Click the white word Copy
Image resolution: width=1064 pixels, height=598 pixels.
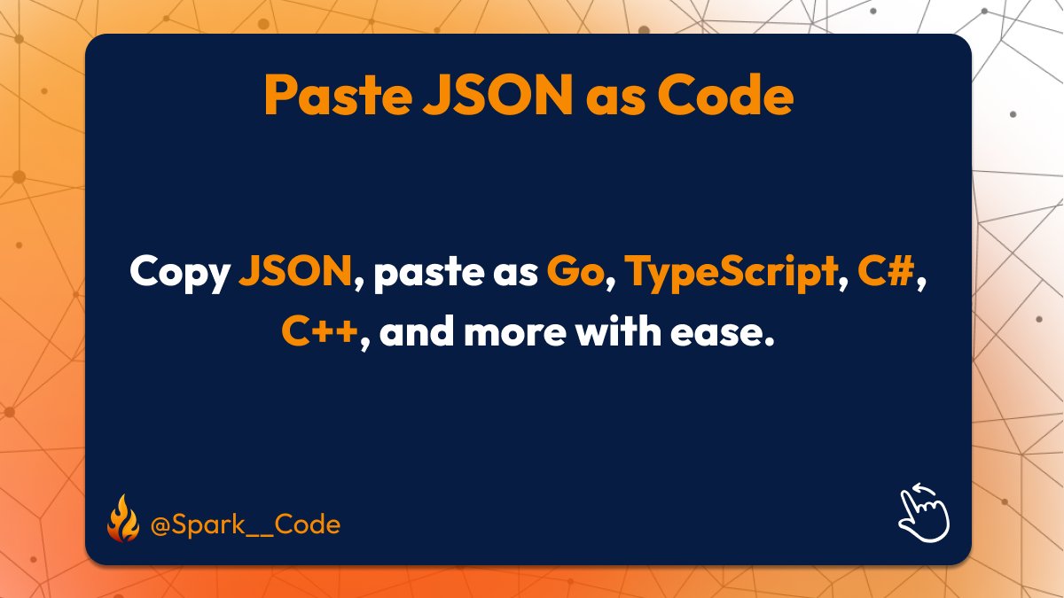click(179, 273)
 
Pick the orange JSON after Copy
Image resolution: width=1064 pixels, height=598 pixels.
click(295, 272)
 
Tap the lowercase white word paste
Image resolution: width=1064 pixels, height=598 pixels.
click(424, 273)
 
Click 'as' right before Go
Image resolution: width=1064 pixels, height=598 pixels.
click(512, 273)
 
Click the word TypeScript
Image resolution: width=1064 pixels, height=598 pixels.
click(731, 273)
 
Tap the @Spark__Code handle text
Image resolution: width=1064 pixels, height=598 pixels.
click(246, 524)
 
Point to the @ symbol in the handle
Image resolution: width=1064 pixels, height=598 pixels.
click(160, 524)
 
